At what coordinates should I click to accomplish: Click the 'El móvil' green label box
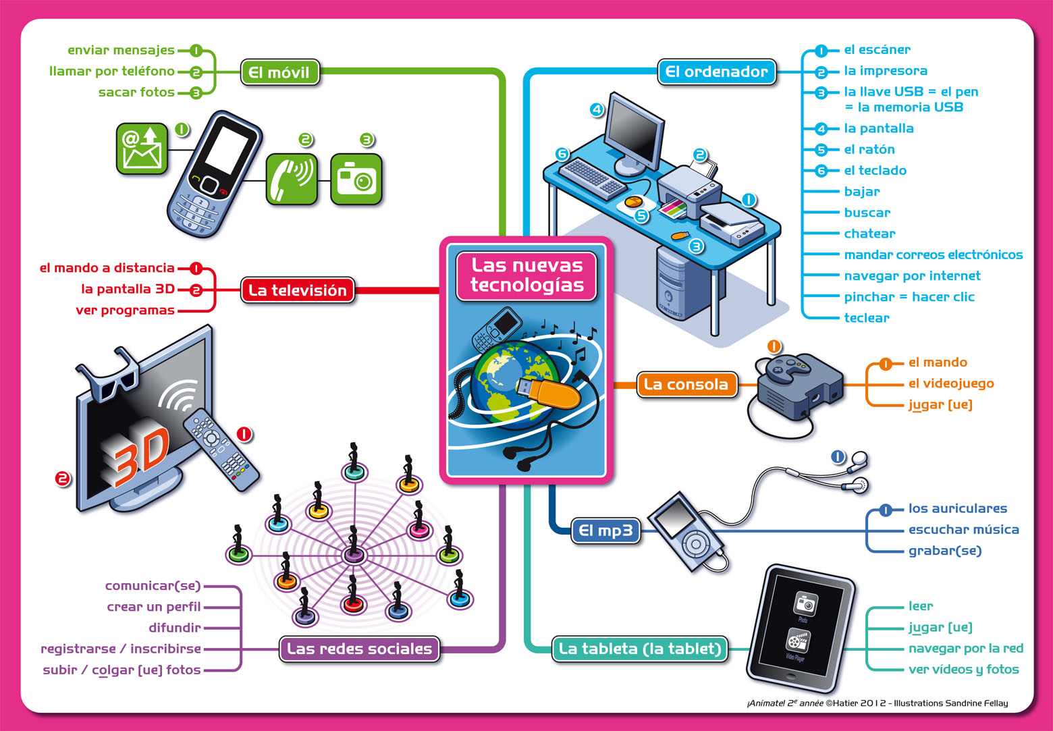[x=279, y=72]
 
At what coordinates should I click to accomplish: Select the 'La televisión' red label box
[x=297, y=290]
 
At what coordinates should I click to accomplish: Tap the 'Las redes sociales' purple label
[x=359, y=649]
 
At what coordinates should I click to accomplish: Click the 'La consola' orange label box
[x=686, y=384]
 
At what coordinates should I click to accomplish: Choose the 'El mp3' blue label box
[x=605, y=531]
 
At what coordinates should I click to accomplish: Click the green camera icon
[x=356, y=179]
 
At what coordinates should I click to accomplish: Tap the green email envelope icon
[x=142, y=148]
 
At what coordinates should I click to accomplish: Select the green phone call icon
[x=291, y=179]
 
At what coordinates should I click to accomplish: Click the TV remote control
[x=221, y=449]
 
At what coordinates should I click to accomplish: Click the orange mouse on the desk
[x=634, y=202]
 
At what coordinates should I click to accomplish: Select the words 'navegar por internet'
[x=912, y=275]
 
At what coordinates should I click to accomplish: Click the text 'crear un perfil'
[x=153, y=607]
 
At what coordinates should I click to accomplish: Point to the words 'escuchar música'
[x=963, y=529]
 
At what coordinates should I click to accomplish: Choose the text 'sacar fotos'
[x=136, y=92]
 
